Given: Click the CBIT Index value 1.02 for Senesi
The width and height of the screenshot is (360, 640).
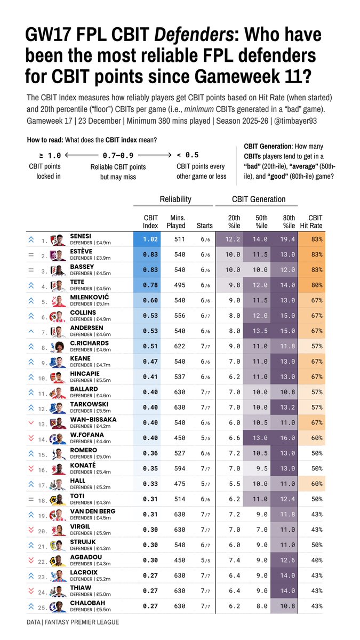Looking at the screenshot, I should [150, 239].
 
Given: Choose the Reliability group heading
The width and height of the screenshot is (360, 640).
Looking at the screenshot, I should [175, 199].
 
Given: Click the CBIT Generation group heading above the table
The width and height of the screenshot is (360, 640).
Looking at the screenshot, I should [259, 199].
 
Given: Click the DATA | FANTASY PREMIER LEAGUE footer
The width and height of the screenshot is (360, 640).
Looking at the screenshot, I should [73, 622].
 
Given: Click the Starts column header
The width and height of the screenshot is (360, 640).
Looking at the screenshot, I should [205, 226].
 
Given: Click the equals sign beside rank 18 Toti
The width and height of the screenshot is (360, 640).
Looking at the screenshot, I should [31, 500].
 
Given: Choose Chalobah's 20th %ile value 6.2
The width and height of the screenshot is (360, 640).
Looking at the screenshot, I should [234, 606].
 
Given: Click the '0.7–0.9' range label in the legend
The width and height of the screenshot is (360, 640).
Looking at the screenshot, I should [118, 155].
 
